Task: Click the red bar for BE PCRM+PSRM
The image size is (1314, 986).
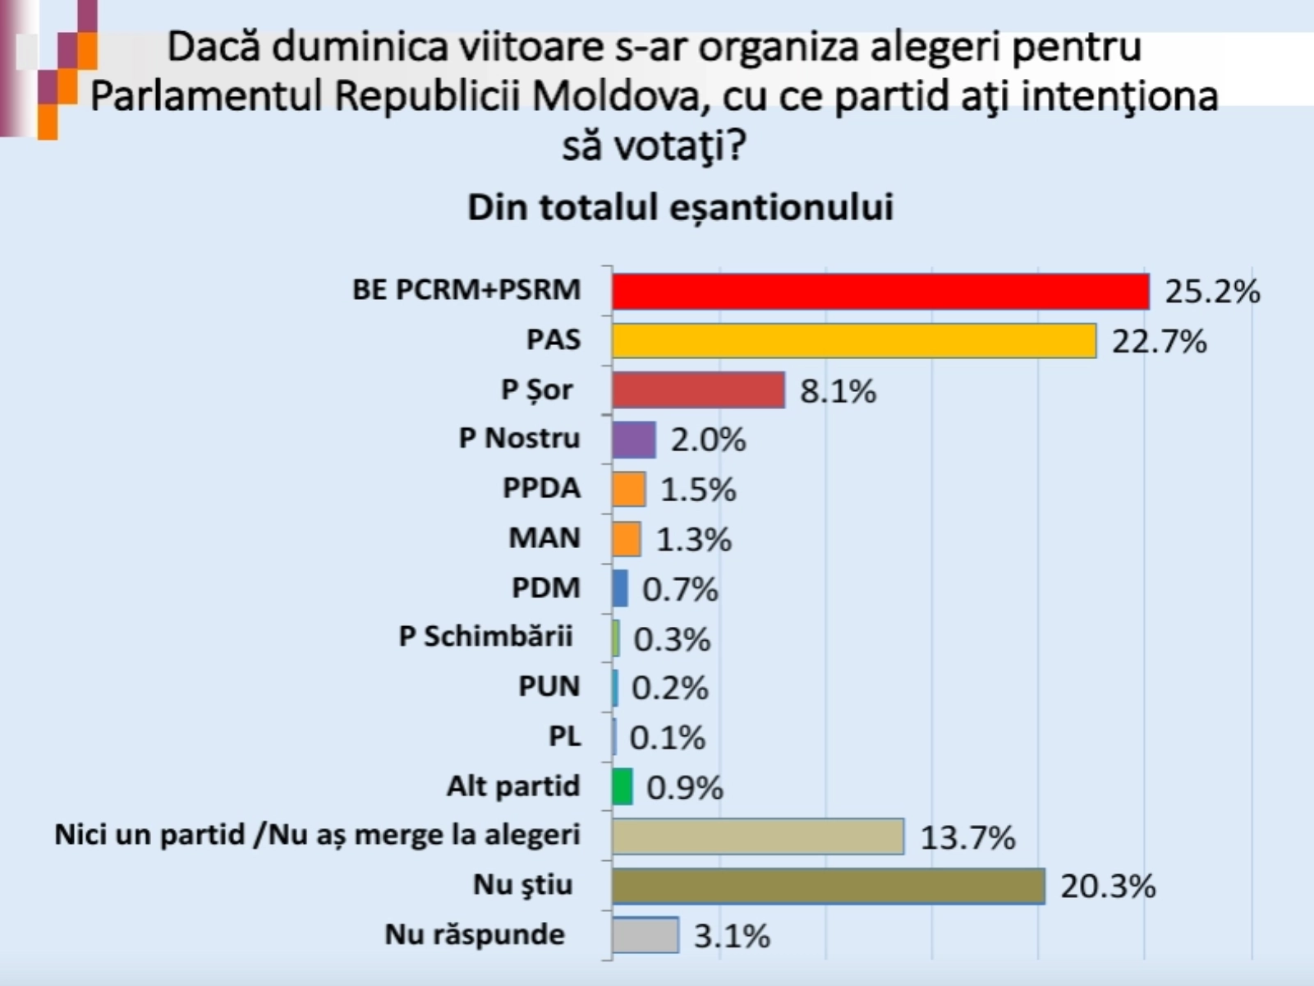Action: coord(880,292)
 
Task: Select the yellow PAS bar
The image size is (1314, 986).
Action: coord(854,341)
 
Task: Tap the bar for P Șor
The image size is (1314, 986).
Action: coord(698,390)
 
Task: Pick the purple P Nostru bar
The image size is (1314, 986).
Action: coord(634,440)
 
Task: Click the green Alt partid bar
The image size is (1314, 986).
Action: coord(623,786)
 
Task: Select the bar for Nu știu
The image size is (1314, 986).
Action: coord(828,886)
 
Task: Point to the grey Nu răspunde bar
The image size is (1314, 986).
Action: coord(646,935)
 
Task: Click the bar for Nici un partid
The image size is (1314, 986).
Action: coord(757,836)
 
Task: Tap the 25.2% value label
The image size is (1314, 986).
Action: coord(1212,292)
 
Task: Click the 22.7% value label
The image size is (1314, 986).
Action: coord(1159,341)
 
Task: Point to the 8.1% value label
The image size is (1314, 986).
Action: coord(838,391)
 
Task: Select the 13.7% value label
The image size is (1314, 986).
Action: coord(967,837)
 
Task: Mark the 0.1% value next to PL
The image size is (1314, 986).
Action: coord(667,738)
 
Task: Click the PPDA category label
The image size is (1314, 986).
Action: coord(541,488)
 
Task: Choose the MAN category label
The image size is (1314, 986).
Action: coord(544,538)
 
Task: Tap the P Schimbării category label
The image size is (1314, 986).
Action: coord(485,637)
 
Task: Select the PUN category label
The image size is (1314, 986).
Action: coord(549,686)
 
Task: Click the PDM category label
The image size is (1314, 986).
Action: coord(545,587)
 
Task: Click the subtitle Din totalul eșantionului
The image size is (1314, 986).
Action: coord(680,207)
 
